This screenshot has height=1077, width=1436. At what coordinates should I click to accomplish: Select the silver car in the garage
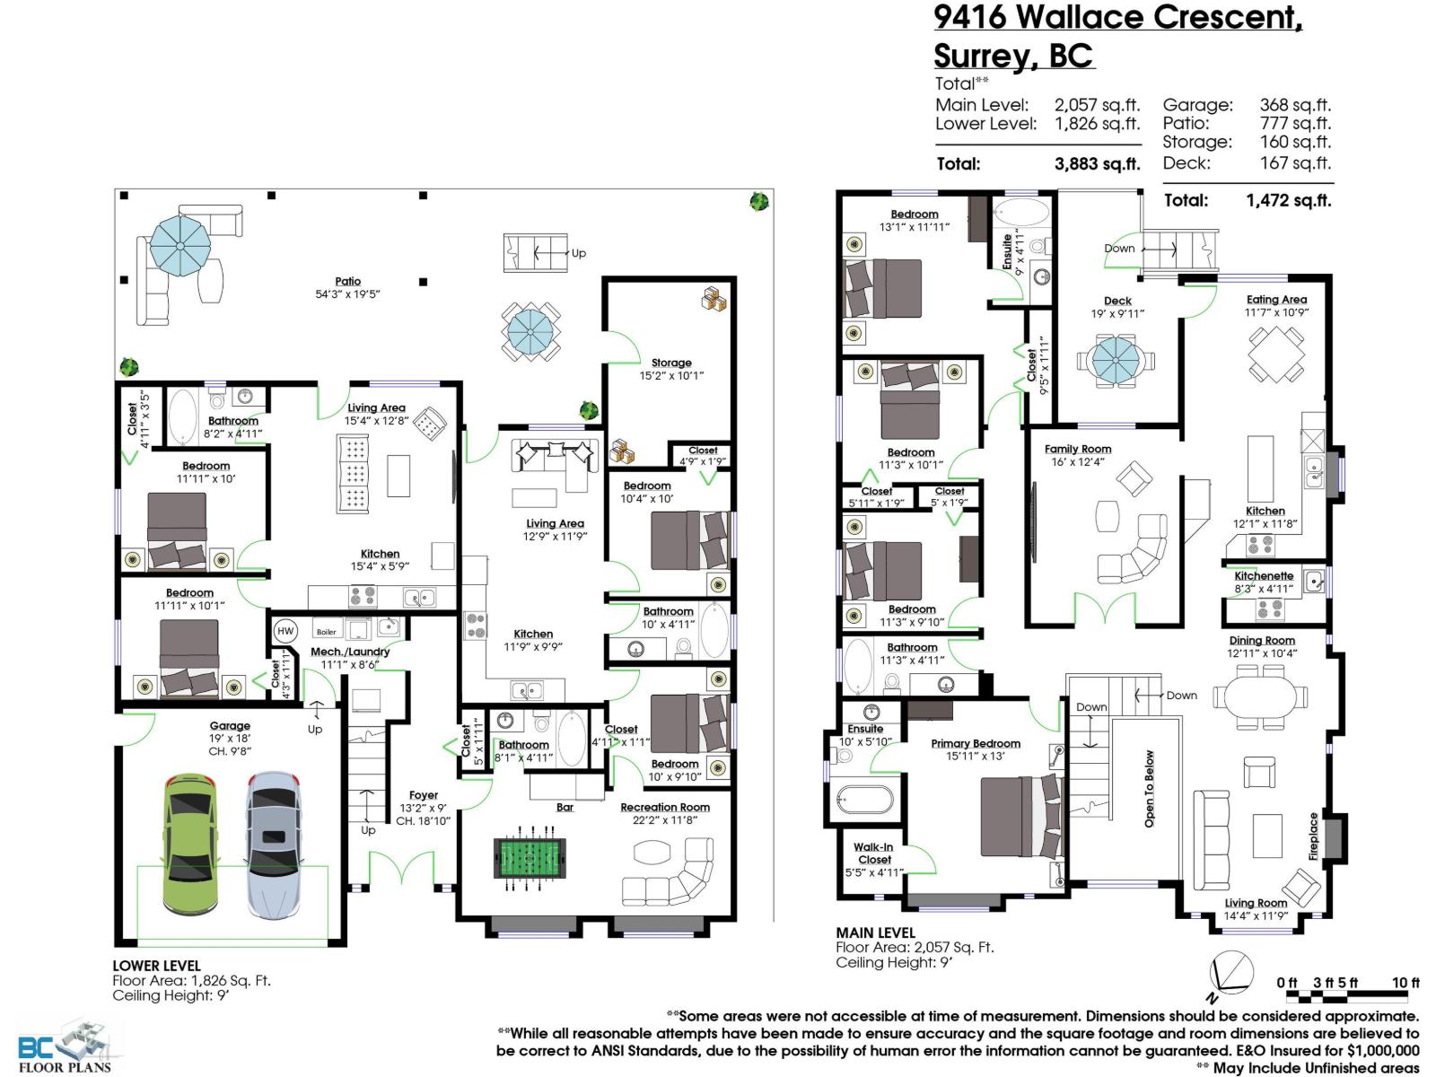coord(273,844)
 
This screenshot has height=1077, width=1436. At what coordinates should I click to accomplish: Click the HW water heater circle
coord(285,631)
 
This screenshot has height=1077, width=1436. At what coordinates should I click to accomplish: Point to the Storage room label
coord(671,363)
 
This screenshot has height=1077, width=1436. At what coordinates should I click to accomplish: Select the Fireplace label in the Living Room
coord(1314,836)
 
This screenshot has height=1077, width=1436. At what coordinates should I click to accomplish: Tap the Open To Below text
coord(1150,789)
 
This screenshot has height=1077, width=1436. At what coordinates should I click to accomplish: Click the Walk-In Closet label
coord(874,853)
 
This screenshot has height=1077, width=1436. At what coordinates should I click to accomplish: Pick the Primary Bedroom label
coord(976,743)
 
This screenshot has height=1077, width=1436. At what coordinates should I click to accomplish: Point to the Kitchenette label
coord(1264,576)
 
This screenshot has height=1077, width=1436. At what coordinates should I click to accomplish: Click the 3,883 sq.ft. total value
coord(1097,164)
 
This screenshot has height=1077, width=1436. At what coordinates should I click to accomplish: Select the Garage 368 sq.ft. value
coord(1295,105)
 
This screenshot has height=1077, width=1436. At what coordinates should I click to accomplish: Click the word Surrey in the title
coord(984,56)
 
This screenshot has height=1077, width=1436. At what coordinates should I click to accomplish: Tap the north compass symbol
coord(1230,974)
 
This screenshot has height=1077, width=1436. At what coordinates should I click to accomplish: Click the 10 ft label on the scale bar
coord(1405,983)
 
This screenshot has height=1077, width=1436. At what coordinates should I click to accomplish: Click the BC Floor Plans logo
coord(65,1046)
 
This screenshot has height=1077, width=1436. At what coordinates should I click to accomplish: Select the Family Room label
coord(1078,449)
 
